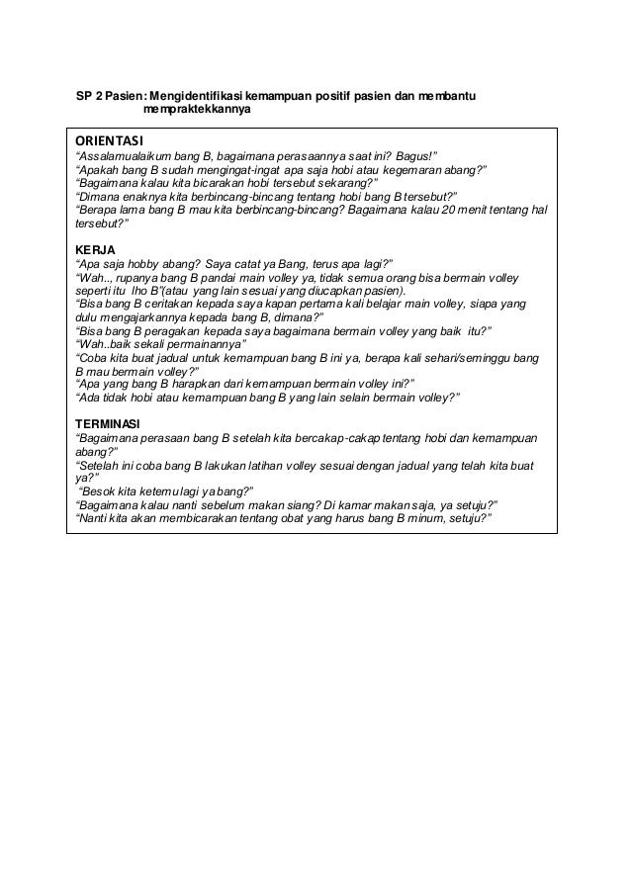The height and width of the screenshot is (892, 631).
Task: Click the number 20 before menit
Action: point(451,210)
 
